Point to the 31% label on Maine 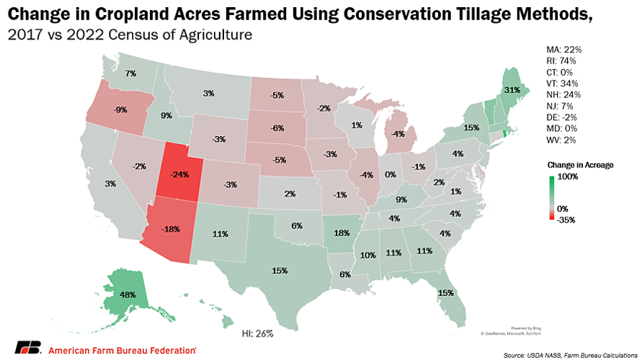click(512, 90)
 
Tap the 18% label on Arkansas click(342, 233)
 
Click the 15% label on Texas click(280, 270)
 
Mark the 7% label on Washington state click(130, 73)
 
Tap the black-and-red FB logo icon click(27, 347)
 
